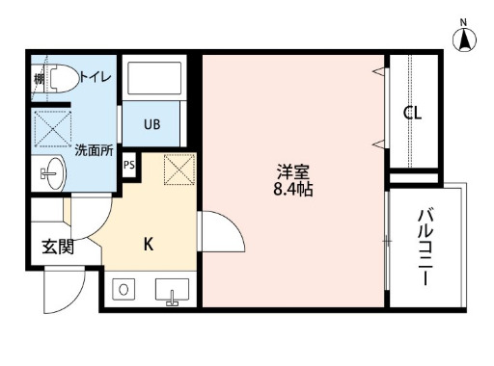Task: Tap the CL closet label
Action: point(413,113)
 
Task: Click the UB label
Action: point(152,124)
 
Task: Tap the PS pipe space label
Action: point(129,164)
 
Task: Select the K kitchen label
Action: point(149,244)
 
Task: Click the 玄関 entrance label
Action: point(57,247)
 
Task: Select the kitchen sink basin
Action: point(174,290)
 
